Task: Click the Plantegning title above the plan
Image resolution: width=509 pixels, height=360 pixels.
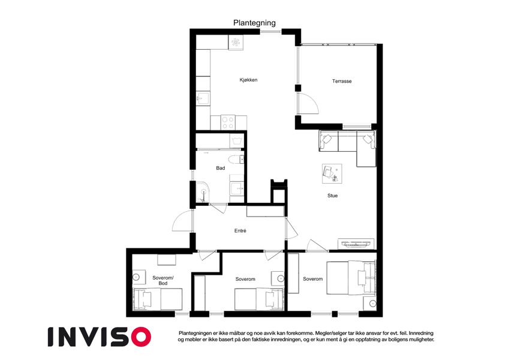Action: tap(254, 23)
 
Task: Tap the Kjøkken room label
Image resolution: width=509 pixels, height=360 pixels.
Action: tap(248, 80)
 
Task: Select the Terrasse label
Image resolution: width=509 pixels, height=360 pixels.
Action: tap(342, 81)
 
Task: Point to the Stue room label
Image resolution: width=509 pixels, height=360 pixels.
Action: tap(332, 196)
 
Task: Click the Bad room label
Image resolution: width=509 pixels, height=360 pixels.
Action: tap(221, 168)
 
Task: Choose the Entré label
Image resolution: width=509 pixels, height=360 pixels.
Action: tap(240, 230)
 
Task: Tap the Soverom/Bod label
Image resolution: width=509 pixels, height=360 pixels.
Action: tap(163, 280)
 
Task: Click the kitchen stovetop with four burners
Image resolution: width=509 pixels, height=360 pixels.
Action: tap(228, 122)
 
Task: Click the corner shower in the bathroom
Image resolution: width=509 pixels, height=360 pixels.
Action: tap(203, 194)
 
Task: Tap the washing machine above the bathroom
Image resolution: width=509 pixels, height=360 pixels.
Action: tap(236, 140)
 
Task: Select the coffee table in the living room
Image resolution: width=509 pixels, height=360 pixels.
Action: tap(332, 173)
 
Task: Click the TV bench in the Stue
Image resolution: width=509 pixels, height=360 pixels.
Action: tap(356, 244)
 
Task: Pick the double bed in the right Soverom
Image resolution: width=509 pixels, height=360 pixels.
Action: tap(351, 278)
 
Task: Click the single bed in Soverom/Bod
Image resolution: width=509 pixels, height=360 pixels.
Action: tap(158, 299)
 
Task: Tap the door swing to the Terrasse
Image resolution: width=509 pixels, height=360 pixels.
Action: tap(308, 103)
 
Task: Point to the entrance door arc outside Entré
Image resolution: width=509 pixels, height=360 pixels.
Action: tap(182, 221)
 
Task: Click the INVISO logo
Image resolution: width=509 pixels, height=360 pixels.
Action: tap(100, 337)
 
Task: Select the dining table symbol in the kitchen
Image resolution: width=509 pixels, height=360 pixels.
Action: tap(236, 43)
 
